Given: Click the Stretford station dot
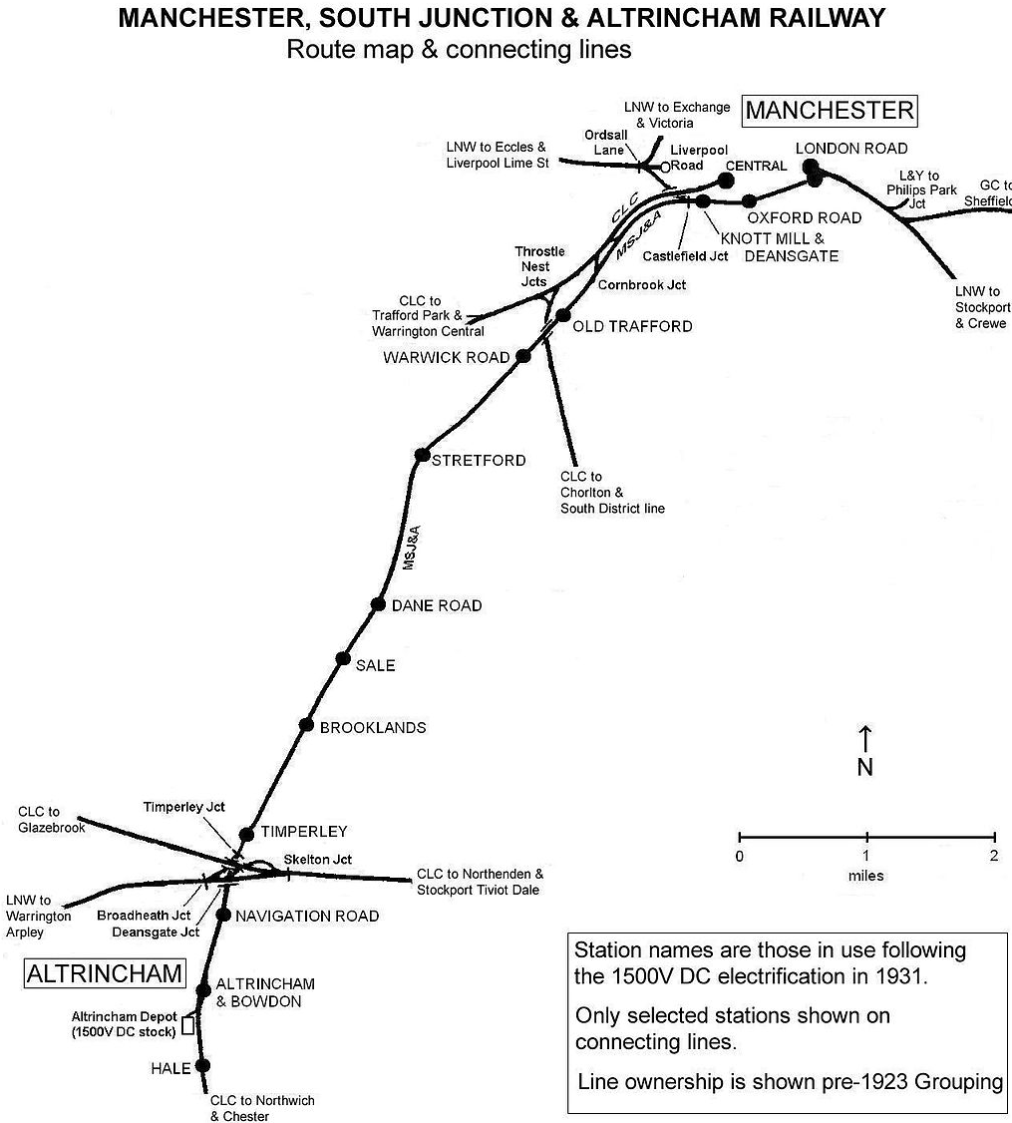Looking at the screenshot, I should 422,455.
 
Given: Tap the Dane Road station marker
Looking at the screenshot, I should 378,604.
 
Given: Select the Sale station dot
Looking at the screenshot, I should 343,658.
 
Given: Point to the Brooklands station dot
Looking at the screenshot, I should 306,725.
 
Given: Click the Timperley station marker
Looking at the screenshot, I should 246,833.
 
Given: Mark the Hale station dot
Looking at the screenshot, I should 203,1065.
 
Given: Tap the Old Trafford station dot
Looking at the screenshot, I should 562,316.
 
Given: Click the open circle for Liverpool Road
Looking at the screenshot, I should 665,168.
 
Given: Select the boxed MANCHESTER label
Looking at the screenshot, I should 830,111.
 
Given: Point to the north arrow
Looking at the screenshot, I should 865,739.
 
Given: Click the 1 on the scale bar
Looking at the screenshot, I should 866,856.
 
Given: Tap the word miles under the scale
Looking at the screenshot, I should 866,876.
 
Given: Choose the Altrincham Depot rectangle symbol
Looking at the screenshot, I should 186,1025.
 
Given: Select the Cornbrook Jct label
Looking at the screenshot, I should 642,285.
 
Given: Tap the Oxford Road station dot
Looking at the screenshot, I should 750,200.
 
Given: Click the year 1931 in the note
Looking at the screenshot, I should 902,976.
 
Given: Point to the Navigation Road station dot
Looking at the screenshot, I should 224,914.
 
